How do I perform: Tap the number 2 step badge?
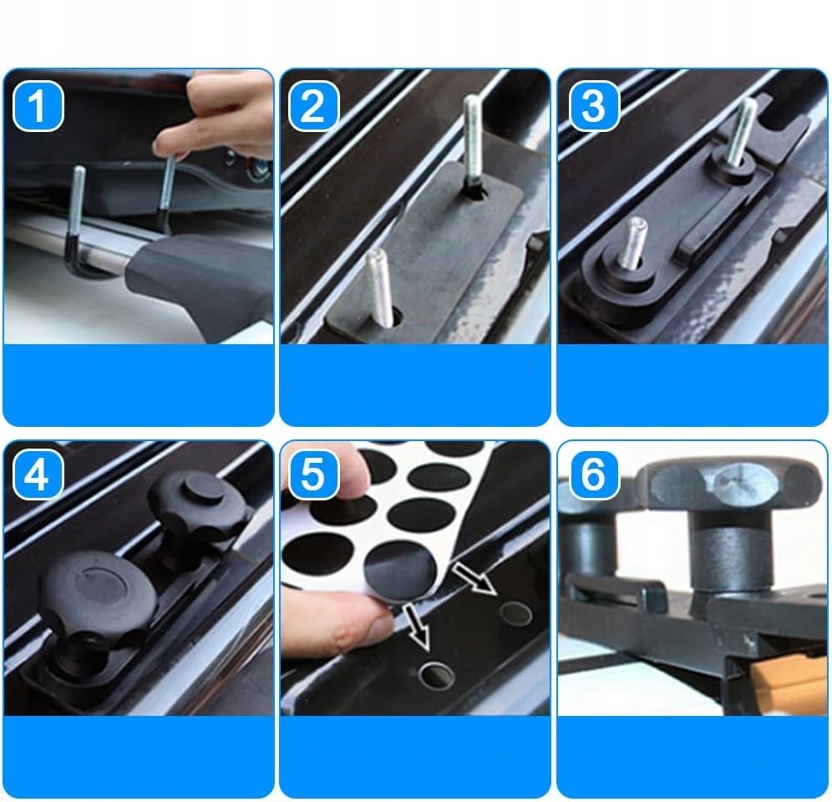pos(314,105)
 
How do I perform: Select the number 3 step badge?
pos(594,105)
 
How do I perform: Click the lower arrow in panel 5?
pos(417,627)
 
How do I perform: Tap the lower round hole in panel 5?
pos(436,675)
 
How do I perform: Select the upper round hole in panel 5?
pos(515,613)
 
